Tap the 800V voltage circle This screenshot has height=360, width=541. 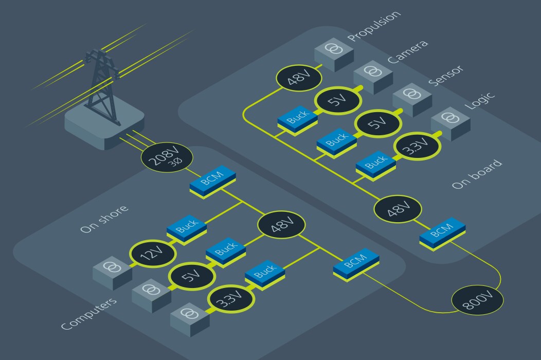click(478, 299)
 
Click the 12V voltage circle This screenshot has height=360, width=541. click(153, 252)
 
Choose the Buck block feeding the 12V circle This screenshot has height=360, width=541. click(186, 227)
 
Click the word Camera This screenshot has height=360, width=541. click(407, 51)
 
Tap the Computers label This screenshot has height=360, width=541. click(88, 314)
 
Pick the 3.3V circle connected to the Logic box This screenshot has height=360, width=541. click(417, 146)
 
